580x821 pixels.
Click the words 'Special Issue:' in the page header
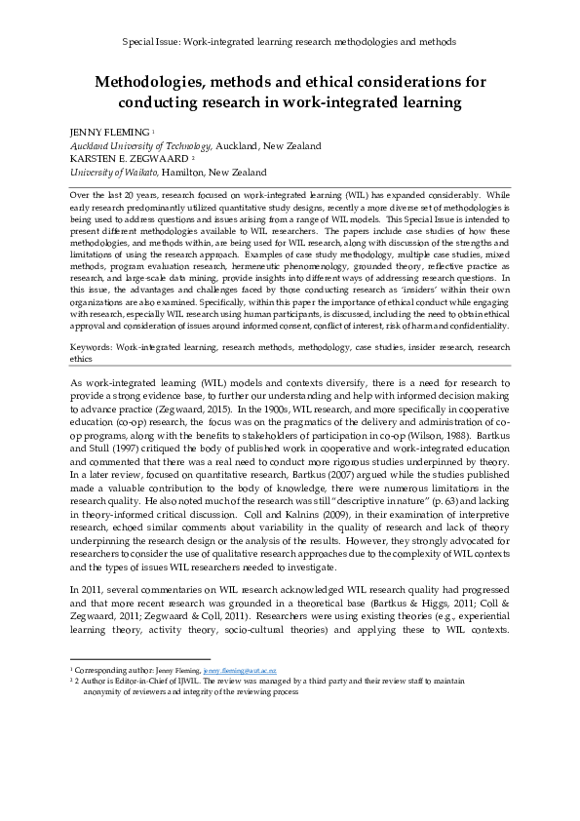(x=152, y=44)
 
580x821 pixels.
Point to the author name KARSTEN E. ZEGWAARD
(x=108, y=158)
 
